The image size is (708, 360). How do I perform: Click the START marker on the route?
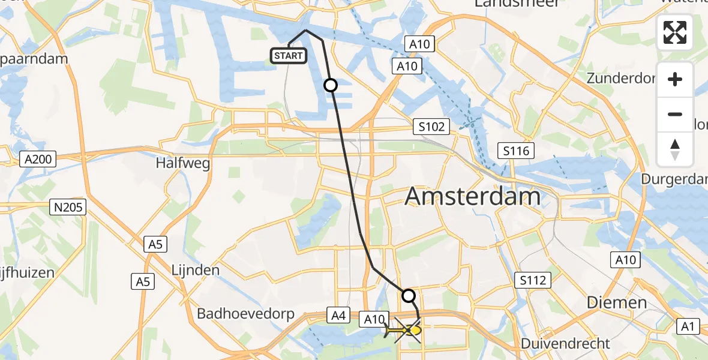pyautogui.click(x=289, y=56)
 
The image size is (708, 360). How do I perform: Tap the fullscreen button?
pyautogui.click(x=675, y=32)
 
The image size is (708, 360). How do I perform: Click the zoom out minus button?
pyautogui.click(x=675, y=114)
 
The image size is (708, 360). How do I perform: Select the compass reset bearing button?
pyautogui.click(x=675, y=149)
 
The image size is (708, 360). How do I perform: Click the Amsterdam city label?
pyautogui.click(x=473, y=196)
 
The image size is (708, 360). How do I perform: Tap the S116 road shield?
pyautogui.click(x=517, y=151)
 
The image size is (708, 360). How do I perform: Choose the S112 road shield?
pyautogui.click(x=533, y=279)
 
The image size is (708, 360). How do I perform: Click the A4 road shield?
pyautogui.click(x=337, y=314)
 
